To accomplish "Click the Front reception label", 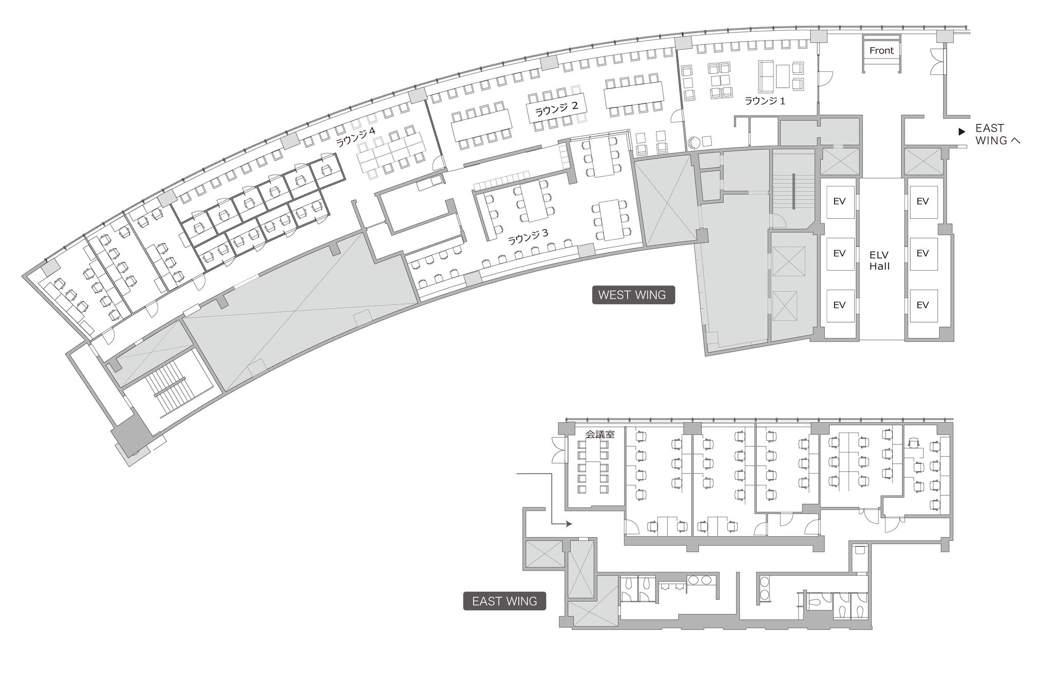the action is tap(881, 50).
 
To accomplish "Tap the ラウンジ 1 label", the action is tap(765, 101).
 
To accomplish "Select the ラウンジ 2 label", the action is tap(557, 108).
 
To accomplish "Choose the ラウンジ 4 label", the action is tap(355, 137).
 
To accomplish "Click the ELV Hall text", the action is tap(879, 260).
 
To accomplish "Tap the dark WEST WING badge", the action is tap(633, 295).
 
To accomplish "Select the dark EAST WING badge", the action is tap(504, 601).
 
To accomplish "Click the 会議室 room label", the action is tap(600, 435).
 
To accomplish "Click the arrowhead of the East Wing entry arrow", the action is tap(569, 524).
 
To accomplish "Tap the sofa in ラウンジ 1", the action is tap(766, 75).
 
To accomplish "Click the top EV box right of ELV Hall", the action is tap(923, 202).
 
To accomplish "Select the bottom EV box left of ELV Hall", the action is tap(840, 305).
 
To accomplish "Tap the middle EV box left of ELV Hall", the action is tap(840, 254).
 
